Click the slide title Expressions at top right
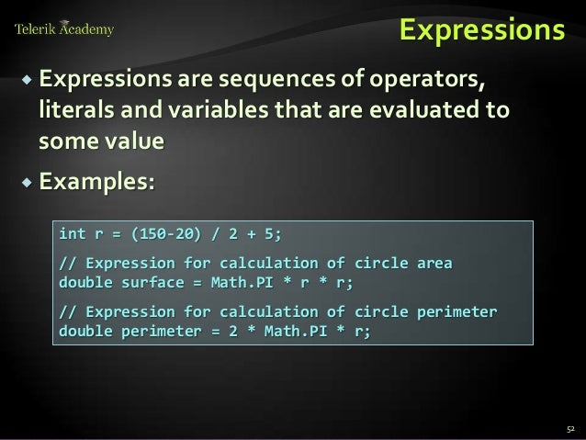(480, 30)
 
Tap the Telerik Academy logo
(64, 29)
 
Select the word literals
(75, 111)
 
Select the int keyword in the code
(73, 231)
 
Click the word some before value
(65, 141)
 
